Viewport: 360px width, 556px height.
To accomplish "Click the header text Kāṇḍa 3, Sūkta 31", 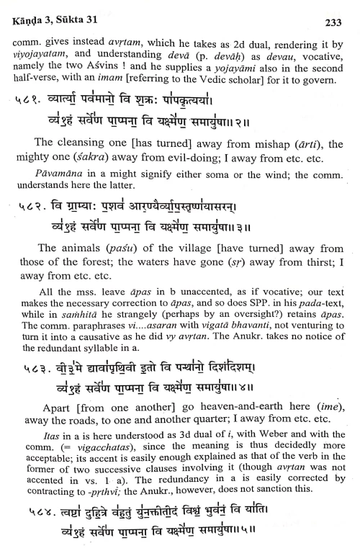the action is (54, 10).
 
